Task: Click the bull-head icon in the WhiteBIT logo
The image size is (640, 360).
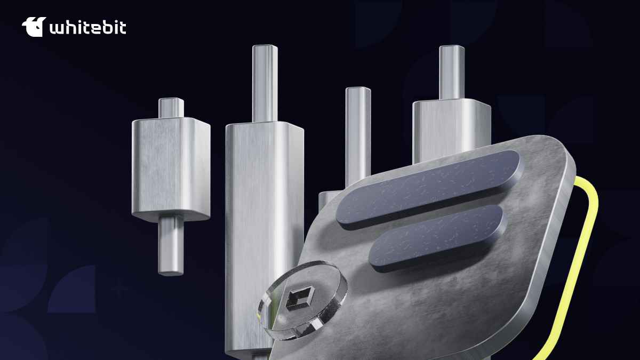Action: coord(34,27)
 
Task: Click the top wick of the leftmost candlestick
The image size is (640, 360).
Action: coord(171,108)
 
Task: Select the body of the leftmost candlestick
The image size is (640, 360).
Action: coord(171,170)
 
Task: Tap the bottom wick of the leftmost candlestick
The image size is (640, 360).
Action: coord(171,245)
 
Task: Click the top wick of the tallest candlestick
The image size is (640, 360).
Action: coord(265,83)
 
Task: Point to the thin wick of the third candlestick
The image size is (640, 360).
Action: coord(358,134)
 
